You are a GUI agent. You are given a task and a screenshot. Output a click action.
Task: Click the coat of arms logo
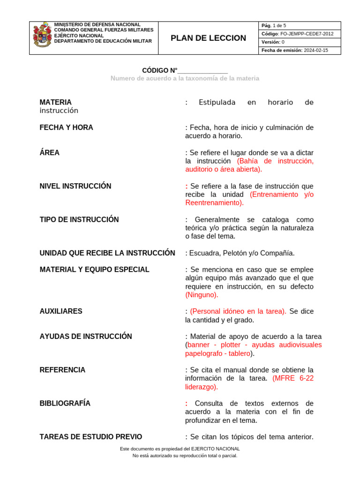[x=42, y=35]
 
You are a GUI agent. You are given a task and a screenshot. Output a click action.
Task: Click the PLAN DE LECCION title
[x=208, y=38]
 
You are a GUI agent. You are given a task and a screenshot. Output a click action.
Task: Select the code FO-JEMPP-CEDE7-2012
[x=307, y=34]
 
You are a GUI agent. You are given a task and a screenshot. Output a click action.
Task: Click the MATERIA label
[x=56, y=102]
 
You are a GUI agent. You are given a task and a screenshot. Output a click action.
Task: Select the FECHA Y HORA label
[x=67, y=127]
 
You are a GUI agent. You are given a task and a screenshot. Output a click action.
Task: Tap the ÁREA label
[x=50, y=153]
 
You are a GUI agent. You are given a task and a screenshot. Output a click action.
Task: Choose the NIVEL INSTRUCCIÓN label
[x=75, y=186]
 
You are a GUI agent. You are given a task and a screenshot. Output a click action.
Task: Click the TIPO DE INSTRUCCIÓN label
[x=79, y=219]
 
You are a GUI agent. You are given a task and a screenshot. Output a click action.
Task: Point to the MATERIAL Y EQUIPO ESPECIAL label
[x=95, y=270]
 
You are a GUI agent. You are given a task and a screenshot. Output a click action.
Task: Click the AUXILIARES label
[x=61, y=311]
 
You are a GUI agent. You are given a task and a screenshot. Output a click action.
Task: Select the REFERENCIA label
[x=63, y=370]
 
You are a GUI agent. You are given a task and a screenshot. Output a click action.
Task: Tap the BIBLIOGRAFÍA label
[x=65, y=403]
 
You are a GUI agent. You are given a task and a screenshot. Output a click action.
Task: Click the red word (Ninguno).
[x=202, y=295]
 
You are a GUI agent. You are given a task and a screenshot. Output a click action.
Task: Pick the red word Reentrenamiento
[x=214, y=203]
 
